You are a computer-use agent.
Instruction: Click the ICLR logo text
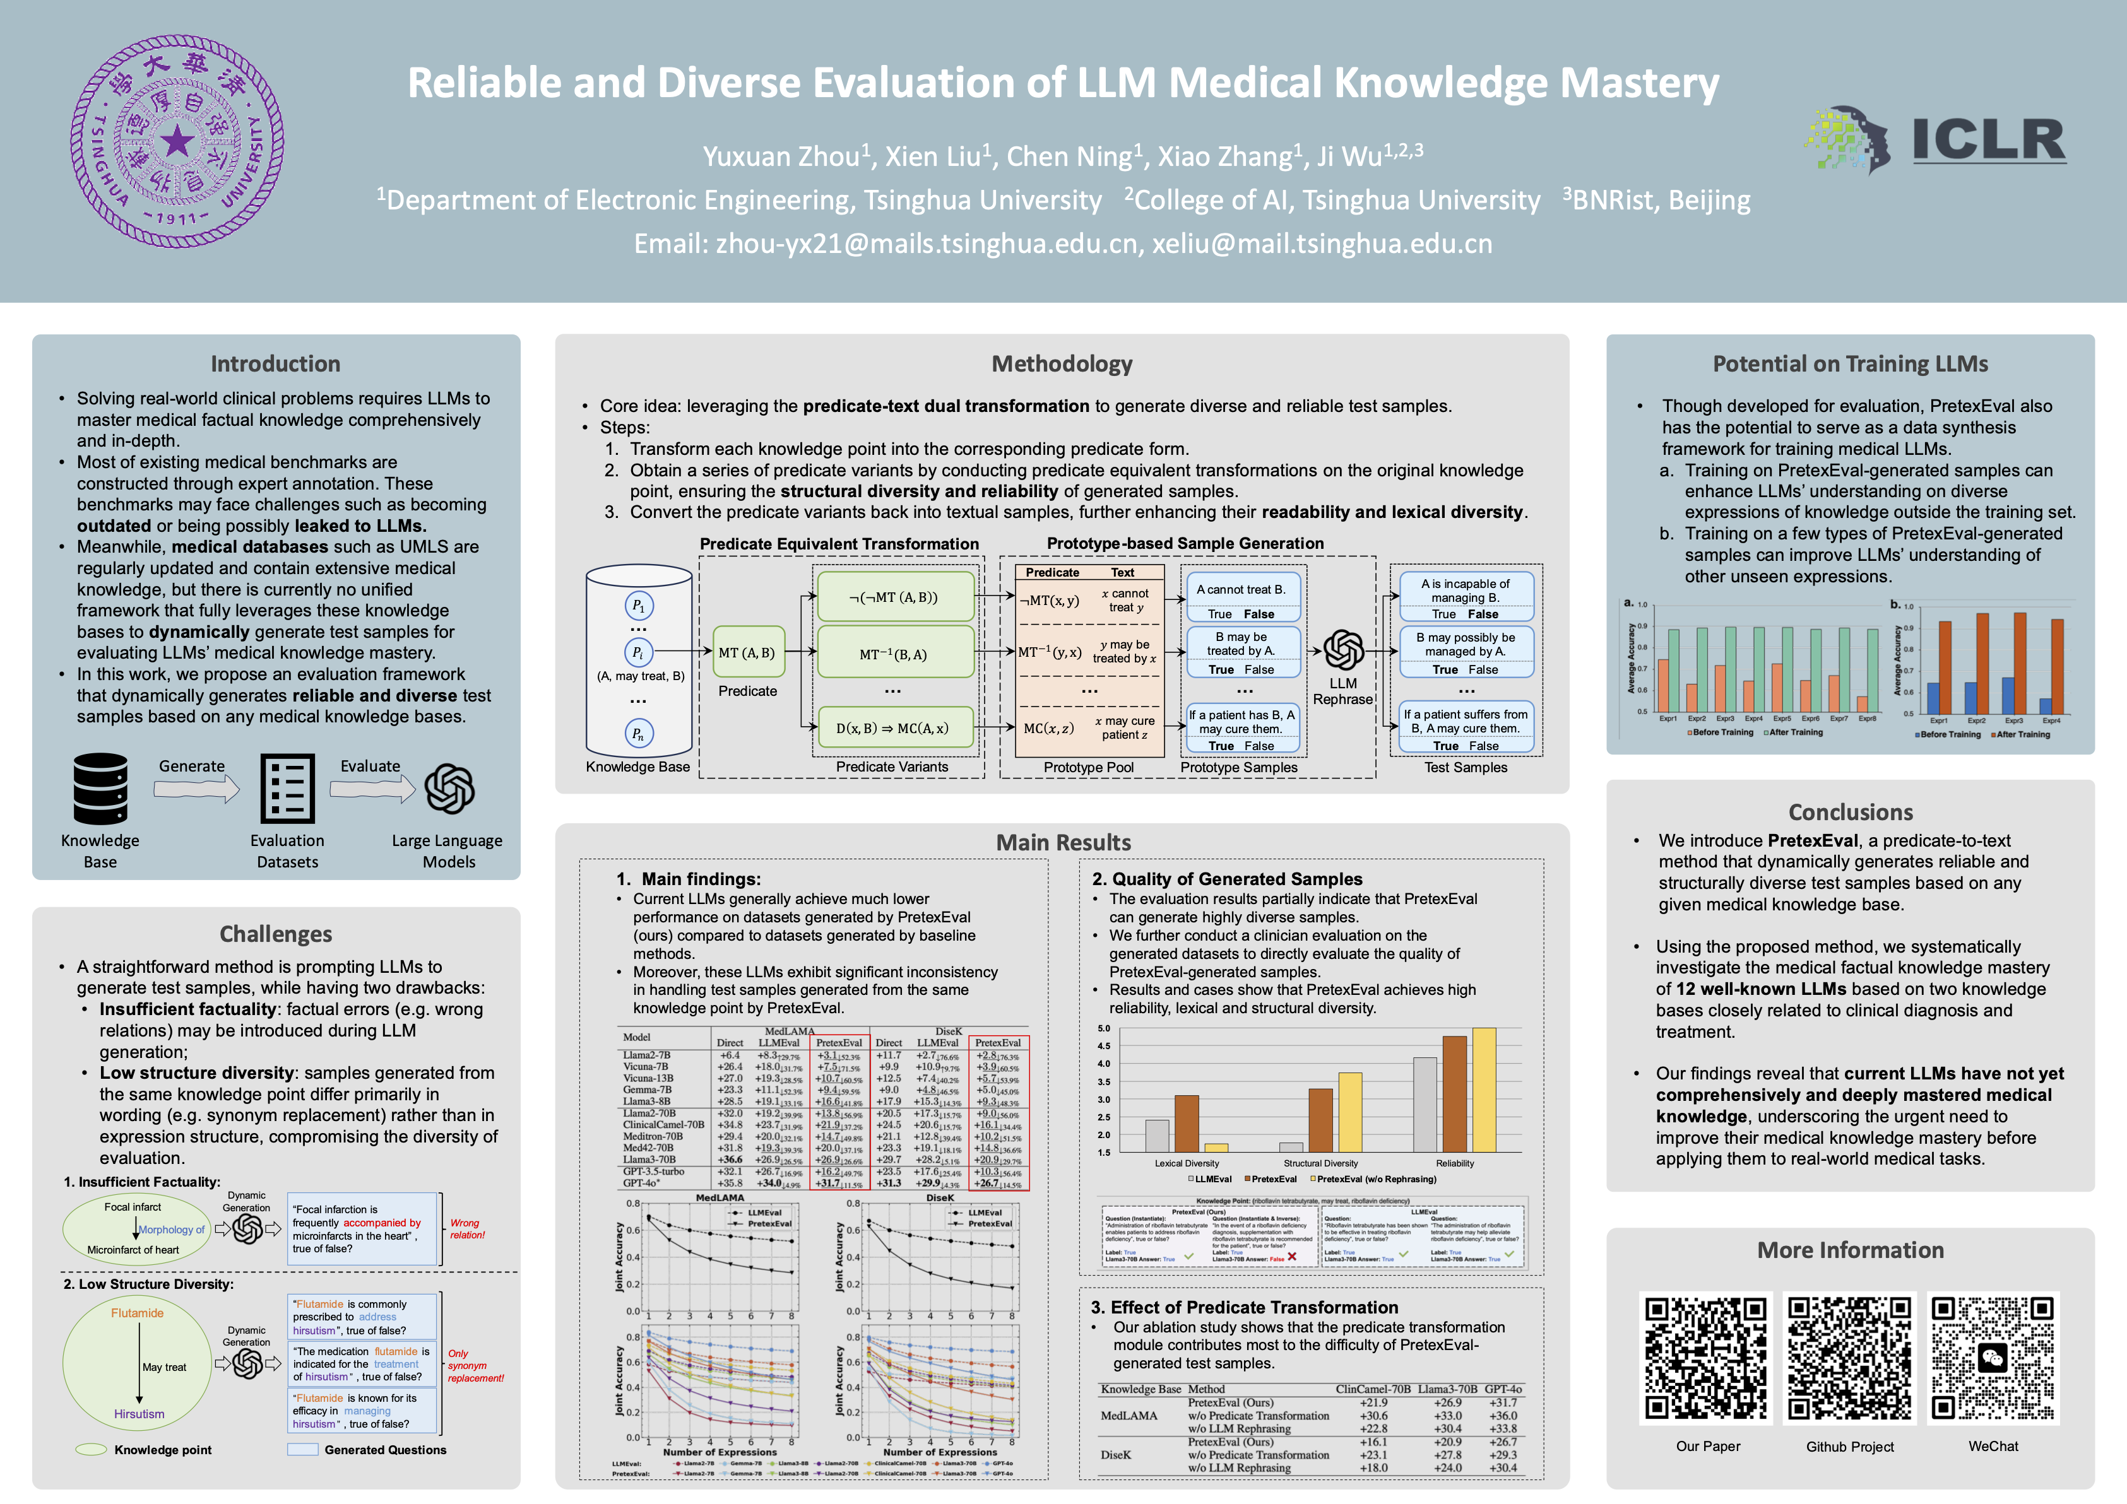click(1988, 141)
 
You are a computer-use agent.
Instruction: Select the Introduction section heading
click(275, 364)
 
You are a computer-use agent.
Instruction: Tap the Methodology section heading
click(1062, 364)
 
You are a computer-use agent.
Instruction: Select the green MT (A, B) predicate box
click(747, 653)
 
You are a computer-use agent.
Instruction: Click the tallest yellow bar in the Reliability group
click(1484, 1089)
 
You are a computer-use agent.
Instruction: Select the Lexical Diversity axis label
click(1187, 1163)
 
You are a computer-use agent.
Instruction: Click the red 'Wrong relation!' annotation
click(467, 1229)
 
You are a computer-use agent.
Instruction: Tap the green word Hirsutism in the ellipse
click(139, 1414)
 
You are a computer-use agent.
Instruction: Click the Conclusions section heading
click(1850, 812)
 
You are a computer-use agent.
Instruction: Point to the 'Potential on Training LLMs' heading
click(1850, 364)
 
